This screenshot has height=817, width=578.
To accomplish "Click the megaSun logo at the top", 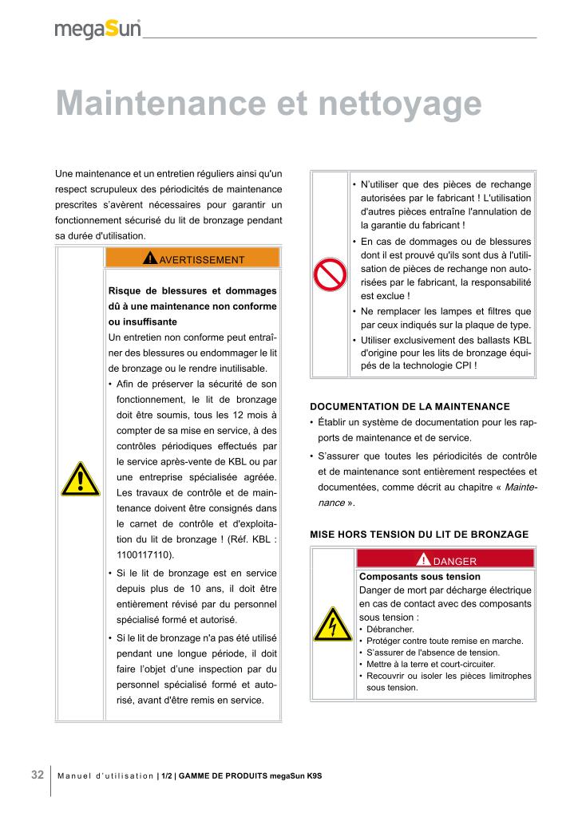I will coord(97,29).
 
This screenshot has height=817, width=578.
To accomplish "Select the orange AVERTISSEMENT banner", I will coord(192,259).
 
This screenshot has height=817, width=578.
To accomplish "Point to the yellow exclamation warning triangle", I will coord(79,479).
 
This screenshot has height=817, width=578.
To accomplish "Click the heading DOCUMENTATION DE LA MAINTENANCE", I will coord(410,406).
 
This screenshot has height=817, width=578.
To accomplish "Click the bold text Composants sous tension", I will coord(420,576).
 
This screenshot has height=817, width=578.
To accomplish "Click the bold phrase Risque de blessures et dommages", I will coord(192,290).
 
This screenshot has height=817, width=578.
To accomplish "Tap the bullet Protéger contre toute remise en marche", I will coord(445,641).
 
